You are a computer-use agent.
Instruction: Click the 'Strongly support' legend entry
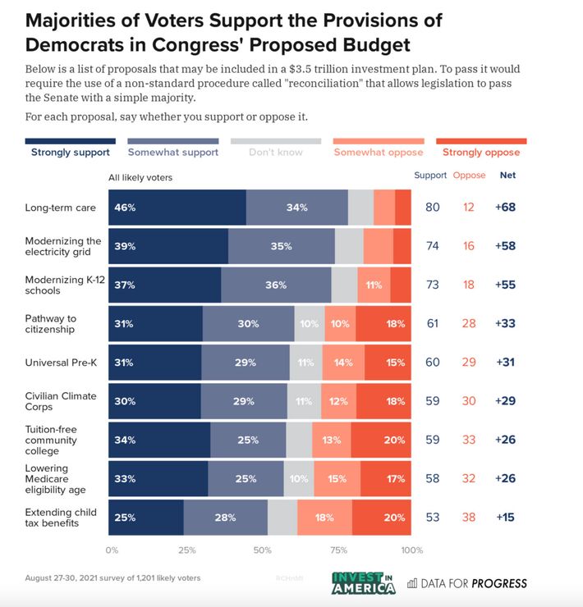coord(71,152)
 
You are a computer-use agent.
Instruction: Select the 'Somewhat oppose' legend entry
coord(378,152)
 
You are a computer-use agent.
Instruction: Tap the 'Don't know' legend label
coord(276,152)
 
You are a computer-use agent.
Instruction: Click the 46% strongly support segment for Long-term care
coord(177,208)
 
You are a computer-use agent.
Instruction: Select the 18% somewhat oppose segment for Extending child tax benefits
coord(324,518)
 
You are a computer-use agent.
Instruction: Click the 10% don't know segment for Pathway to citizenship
coord(310,324)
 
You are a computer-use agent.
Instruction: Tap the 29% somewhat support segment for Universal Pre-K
coord(246,363)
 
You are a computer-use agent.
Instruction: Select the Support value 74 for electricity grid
coord(432,246)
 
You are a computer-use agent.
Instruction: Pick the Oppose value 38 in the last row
coord(468,518)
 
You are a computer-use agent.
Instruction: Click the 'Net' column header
coord(508,176)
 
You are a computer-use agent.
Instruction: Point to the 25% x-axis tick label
coord(186,550)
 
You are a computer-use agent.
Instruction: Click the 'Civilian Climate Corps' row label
coord(61,401)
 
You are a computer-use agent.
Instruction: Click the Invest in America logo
coord(363,582)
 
